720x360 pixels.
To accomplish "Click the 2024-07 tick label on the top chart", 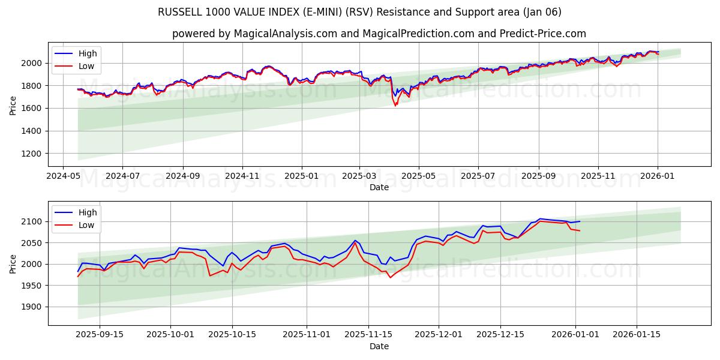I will click(x=122, y=176).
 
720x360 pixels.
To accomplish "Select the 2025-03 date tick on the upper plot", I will click(x=360, y=176).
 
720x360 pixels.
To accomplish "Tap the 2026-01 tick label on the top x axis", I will click(x=658, y=176).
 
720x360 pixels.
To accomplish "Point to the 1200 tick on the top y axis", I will click(x=30, y=154).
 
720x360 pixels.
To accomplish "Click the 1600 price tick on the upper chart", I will click(x=30, y=109).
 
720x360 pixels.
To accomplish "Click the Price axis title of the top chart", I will click(x=13, y=104).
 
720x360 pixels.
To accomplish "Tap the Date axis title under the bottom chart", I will click(x=379, y=346).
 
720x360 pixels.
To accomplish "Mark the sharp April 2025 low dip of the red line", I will click(x=395, y=106).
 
